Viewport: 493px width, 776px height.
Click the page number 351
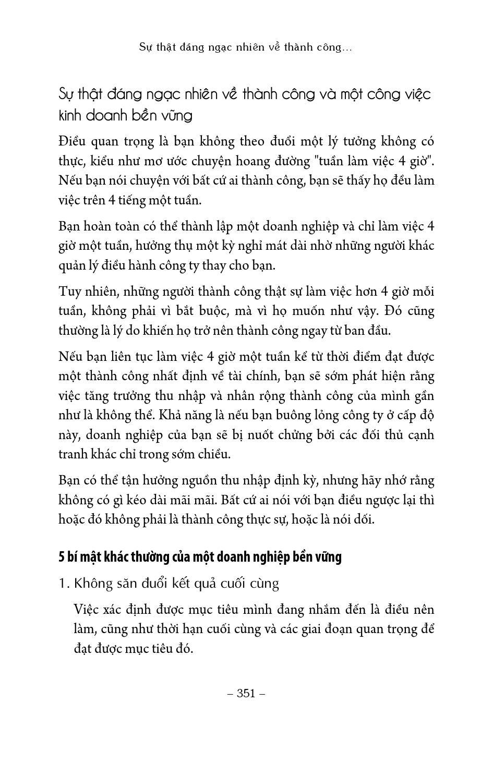246,693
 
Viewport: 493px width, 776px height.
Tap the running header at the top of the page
246,47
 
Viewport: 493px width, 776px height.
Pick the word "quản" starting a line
71,266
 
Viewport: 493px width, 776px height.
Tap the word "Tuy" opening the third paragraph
69,292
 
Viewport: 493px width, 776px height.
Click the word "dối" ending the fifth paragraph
363,520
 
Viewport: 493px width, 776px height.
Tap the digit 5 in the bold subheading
61,557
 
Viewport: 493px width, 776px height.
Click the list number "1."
64,584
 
